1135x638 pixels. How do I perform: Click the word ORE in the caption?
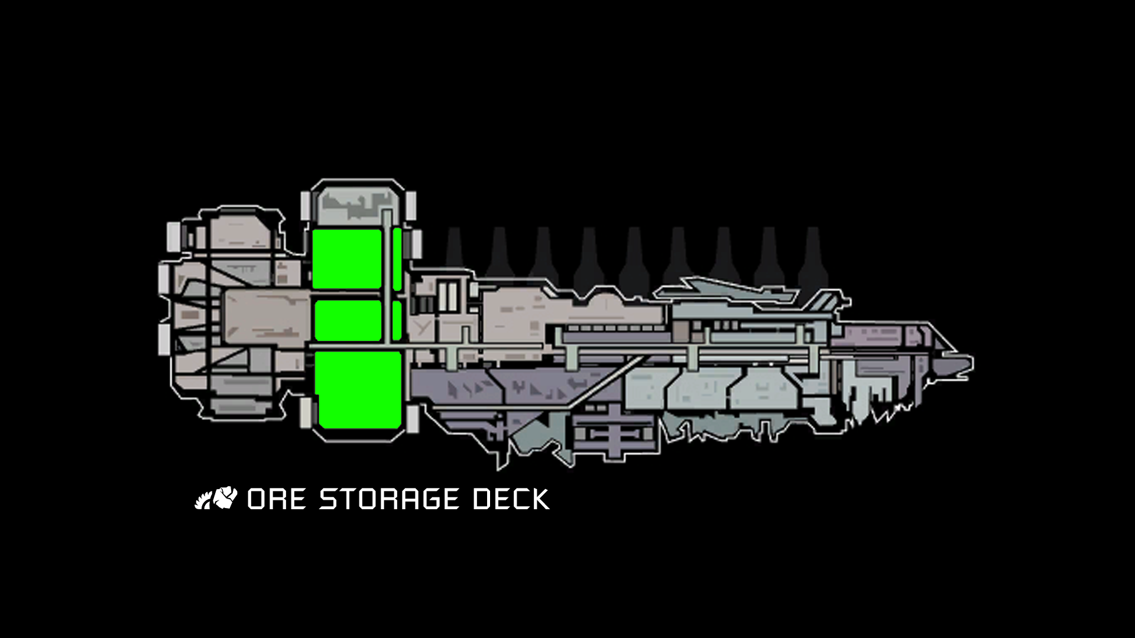(276, 499)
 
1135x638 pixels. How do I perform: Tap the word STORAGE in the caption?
(388, 499)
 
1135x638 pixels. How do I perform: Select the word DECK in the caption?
(511, 499)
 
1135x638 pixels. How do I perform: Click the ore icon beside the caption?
(216, 498)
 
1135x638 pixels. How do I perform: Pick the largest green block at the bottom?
(358, 389)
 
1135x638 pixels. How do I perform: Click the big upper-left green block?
(347, 259)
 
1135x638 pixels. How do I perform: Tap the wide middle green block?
(348, 320)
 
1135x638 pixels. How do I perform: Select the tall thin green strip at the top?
(397, 259)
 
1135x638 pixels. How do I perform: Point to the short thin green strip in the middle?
(397, 320)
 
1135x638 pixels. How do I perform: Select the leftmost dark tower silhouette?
(454, 248)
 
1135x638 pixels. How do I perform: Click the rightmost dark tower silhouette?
(813, 254)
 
